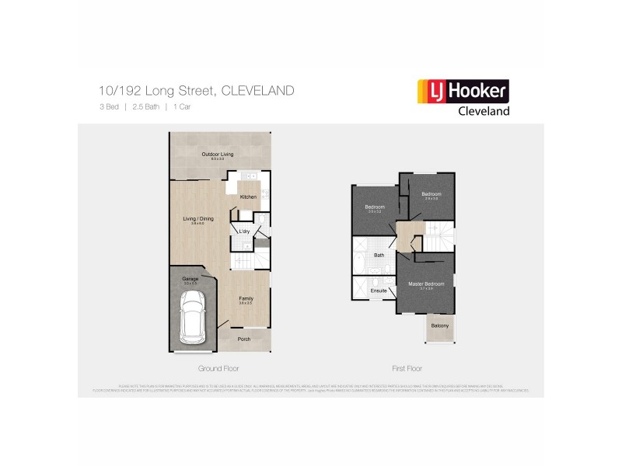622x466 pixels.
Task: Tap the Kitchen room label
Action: pos(248,196)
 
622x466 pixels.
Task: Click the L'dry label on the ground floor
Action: pos(243,231)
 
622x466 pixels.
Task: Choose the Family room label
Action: pos(245,298)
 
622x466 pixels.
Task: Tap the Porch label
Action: pos(243,339)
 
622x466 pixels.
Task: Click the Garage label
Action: pos(190,279)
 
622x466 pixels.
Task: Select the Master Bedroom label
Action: pos(426,284)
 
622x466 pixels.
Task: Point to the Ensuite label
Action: pos(379,290)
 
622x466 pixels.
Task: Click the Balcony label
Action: pos(440,326)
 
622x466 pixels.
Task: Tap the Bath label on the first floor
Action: pos(379,255)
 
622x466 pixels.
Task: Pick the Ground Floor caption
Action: pos(218,368)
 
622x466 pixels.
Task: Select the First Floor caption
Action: pos(406,368)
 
